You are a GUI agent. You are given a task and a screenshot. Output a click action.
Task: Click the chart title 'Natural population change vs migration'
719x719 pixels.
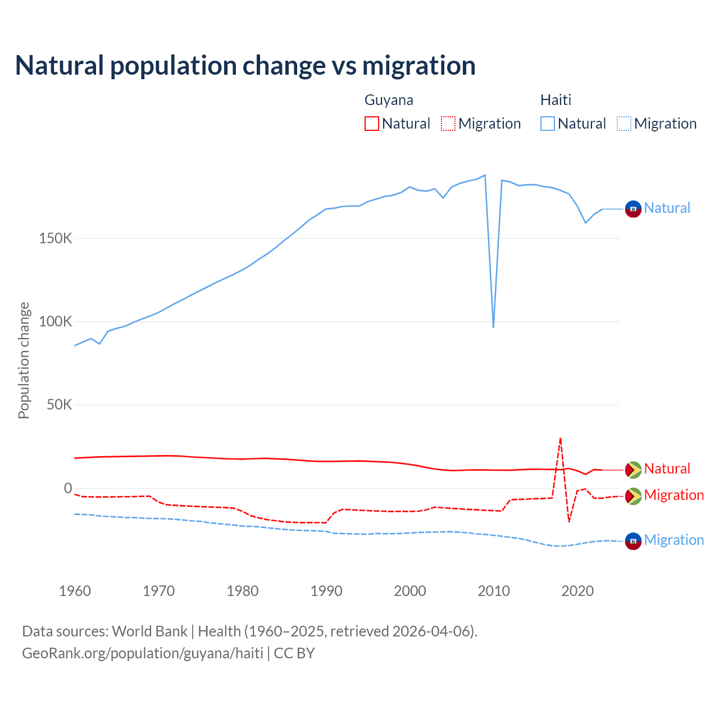pyautogui.click(x=245, y=66)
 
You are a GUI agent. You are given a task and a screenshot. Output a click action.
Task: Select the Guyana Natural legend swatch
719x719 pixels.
pyautogui.click(x=372, y=124)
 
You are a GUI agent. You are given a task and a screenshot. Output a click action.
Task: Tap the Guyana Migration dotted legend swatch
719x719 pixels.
pyautogui.click(x=448, y=124)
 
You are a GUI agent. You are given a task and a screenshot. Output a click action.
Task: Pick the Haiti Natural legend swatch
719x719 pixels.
pyautogui.click(x=548, y=124)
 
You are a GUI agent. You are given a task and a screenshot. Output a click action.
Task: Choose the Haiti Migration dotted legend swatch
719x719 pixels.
pyautogui.click(x=624, y=124)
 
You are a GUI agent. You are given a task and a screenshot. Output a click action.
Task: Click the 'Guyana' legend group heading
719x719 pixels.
pyautogui.click(x=389, y=100)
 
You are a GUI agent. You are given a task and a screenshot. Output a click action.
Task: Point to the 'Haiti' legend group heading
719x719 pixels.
pyautogui.click(x=556, y=100)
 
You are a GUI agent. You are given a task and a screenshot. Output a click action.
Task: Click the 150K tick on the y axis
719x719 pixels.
pyautogui.click(x=56, y=239)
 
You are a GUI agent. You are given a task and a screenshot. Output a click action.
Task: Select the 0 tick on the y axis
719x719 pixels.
pyautogui.click(x=68, y=488)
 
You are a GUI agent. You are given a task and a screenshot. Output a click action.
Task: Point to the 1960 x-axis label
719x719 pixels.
pyautogui.click(x=75, y=591)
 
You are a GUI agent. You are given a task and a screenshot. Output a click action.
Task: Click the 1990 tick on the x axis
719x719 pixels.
pyautogui.click(x=326, y=591)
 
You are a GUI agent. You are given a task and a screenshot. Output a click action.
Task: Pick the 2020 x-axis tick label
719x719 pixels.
pyautogui.click(x=577, y=591)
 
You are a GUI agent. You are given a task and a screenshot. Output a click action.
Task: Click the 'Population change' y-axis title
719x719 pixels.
pyautogui.click(x=24, y=360)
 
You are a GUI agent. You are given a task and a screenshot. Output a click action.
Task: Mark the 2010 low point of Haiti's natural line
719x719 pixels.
pyautogui.click(x=493, y=327)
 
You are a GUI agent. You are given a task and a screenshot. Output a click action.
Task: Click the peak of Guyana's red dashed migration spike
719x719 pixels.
pyautogui.click(x=560, y=438)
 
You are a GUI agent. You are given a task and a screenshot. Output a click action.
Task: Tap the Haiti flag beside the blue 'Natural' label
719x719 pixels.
pyautogui.click(x=633, y=209)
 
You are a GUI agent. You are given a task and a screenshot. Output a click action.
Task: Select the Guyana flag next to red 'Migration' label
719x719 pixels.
pyautogui.click(x=633, y=496)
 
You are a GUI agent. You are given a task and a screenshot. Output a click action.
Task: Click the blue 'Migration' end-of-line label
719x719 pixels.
pyautogui.click(x=674, y=540)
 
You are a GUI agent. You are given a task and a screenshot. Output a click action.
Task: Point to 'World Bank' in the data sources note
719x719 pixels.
pyautogui.click(x=149, y=631)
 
